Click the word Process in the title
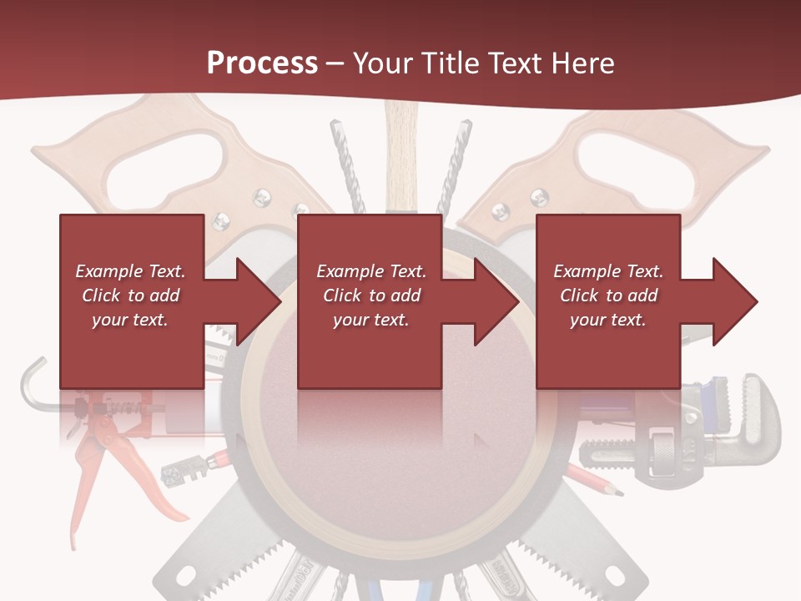pos(262,63)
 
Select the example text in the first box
pos(130,295)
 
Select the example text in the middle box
pos(370,295)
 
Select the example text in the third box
pos(608,295)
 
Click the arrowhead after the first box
pos(258,301)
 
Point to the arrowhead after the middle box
pos(496,301)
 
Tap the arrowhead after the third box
pos(734,301)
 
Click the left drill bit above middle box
pos(344,159)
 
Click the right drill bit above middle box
pos(458,159)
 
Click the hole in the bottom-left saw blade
pos(183,575)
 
